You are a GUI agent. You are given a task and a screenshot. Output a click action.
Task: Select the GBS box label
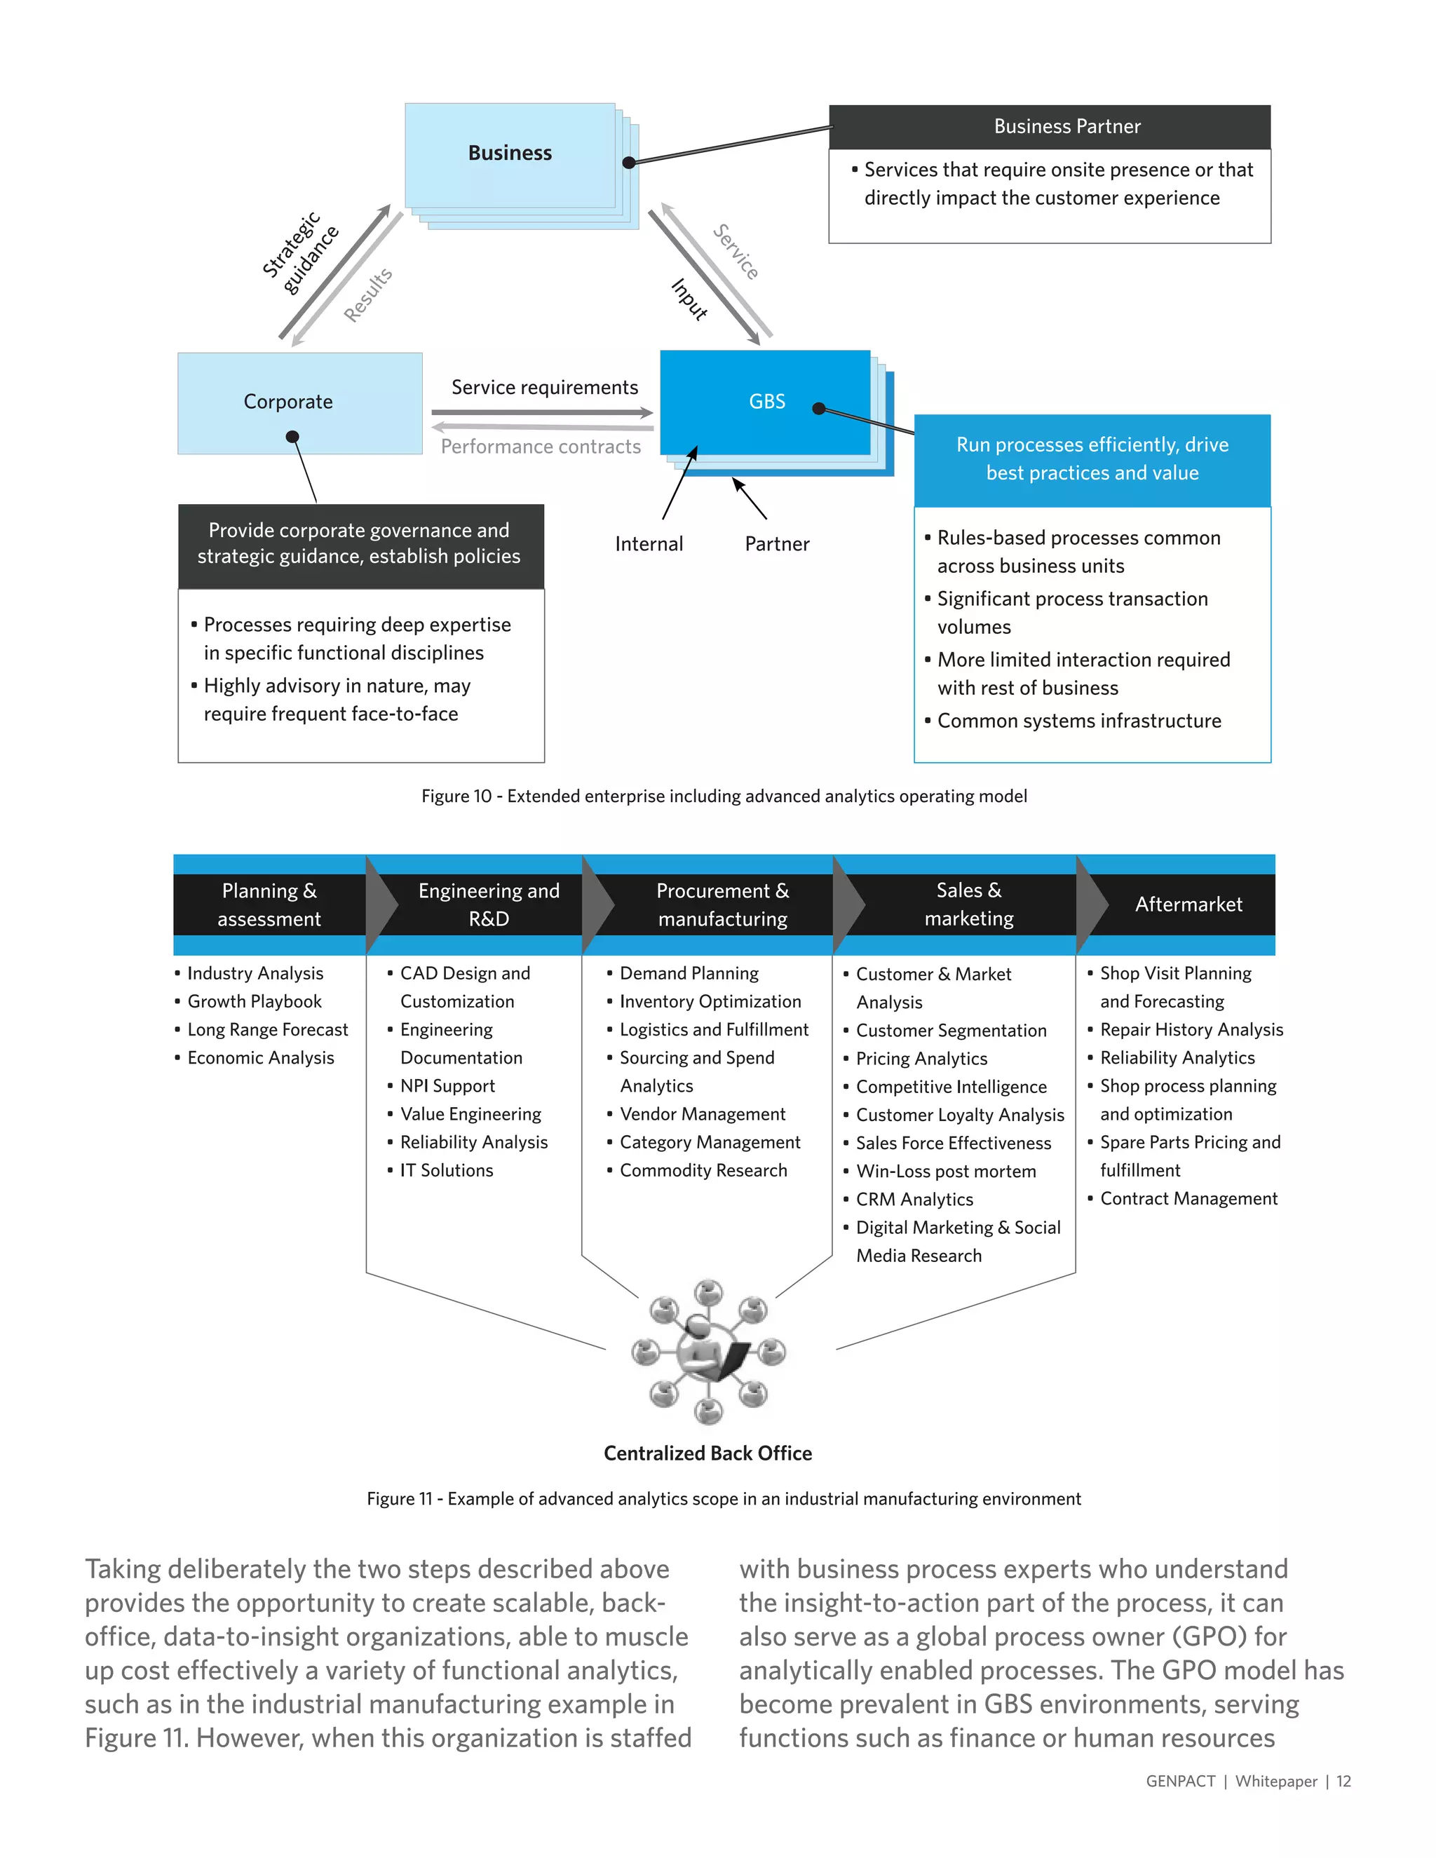pos(766,402)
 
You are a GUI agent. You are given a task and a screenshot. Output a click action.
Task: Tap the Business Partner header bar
pos(1049,127)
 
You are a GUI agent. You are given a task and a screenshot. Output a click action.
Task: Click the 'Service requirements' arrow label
pos(544,388)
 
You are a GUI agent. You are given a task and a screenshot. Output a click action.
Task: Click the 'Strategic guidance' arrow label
pos(299,252)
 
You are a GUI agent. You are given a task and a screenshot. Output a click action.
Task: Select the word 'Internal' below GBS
pos(649,545)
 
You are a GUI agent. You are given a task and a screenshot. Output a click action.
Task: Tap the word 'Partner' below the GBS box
pos(777,545)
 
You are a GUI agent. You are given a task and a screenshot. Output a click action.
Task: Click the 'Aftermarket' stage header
pos(1188,904)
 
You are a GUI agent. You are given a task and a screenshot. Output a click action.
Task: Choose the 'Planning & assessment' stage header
pos(269,904)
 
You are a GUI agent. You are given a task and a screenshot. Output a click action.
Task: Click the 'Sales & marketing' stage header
pos(968,904)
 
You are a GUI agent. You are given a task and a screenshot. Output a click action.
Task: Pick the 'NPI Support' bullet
pos(447,1086)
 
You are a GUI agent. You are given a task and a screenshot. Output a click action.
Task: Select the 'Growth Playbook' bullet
pos(255,1001)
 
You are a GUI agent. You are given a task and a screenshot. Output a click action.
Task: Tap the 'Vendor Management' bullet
pos(702,1115)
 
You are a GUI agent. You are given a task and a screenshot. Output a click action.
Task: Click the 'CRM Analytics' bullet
pos(914,1200)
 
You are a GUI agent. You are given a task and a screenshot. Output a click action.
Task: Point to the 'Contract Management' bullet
pos(1188,1199)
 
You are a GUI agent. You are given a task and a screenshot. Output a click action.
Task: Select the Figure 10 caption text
pos(724,796)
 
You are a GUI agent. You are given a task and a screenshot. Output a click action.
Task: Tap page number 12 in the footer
pos(1343,1782)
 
